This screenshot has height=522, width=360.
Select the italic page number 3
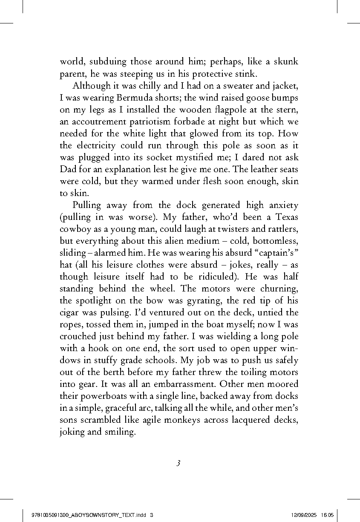click(x=179, y=463)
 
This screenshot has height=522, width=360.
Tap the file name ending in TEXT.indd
click(x=89, y=515)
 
